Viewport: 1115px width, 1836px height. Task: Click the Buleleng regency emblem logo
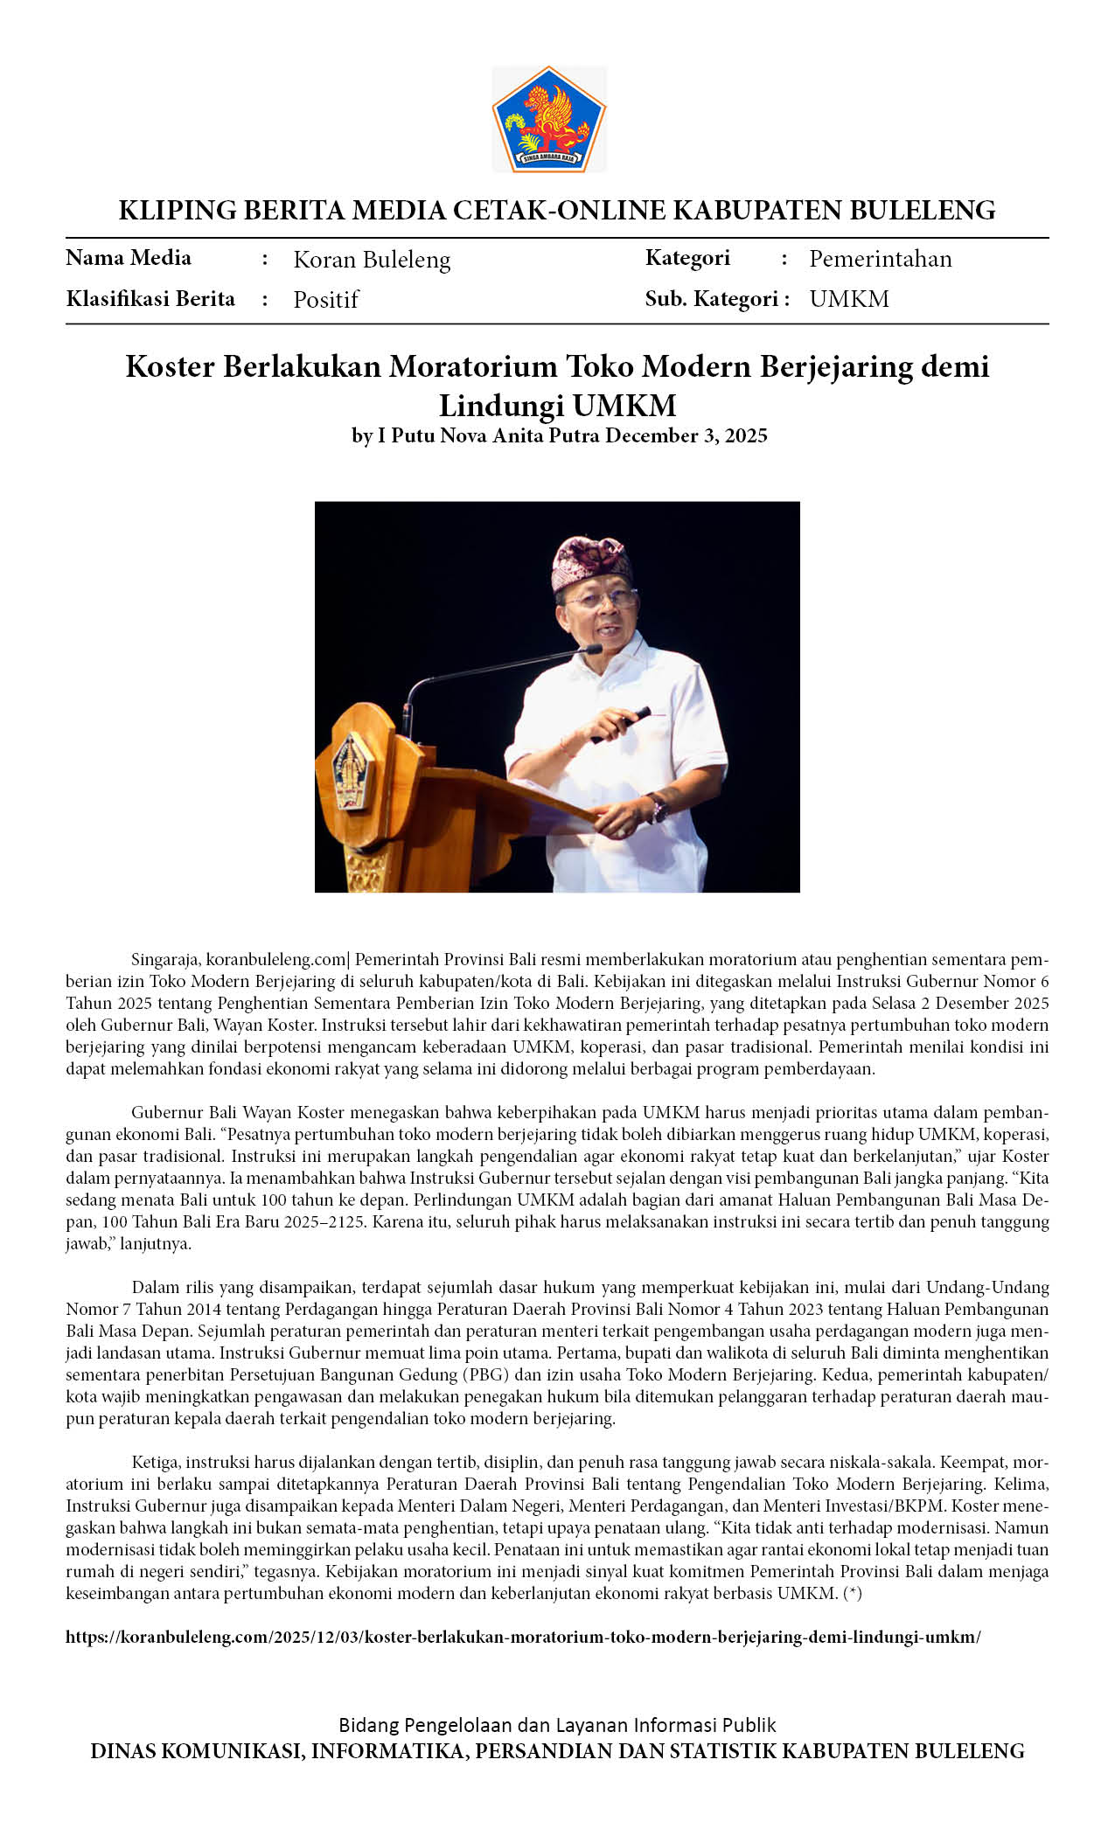point(549,119)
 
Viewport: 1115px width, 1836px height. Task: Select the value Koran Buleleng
point(372,260)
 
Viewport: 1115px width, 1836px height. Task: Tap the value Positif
point(325,300)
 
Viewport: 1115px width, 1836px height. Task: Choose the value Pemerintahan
point(880,259)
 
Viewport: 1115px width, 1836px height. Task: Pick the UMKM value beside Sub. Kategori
point(848,299)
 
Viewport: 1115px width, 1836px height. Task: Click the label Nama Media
point(129,258)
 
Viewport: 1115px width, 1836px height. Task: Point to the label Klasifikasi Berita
point(150,299)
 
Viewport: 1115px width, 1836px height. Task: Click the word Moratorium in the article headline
point(472,366)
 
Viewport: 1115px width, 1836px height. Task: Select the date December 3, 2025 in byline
point(686,435)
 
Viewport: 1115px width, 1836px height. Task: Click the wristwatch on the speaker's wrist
point(656,807)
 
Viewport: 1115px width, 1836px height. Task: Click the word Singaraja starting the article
point(165,959)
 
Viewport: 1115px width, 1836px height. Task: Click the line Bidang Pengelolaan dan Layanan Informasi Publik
point(557,1725)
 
